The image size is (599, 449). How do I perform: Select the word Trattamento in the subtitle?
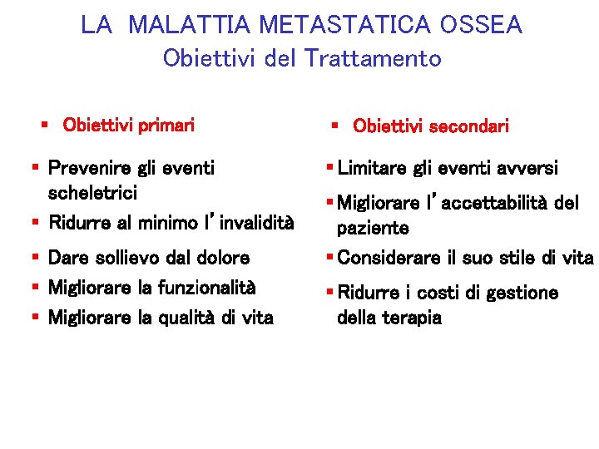pos(373,59)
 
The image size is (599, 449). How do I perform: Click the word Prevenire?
pos(89,168)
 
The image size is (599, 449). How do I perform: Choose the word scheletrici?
pos(93,193)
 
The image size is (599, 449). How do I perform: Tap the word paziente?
pos(373,228)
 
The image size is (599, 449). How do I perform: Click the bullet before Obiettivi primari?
pos(45,126)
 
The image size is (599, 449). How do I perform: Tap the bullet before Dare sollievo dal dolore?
pos(36,259)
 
